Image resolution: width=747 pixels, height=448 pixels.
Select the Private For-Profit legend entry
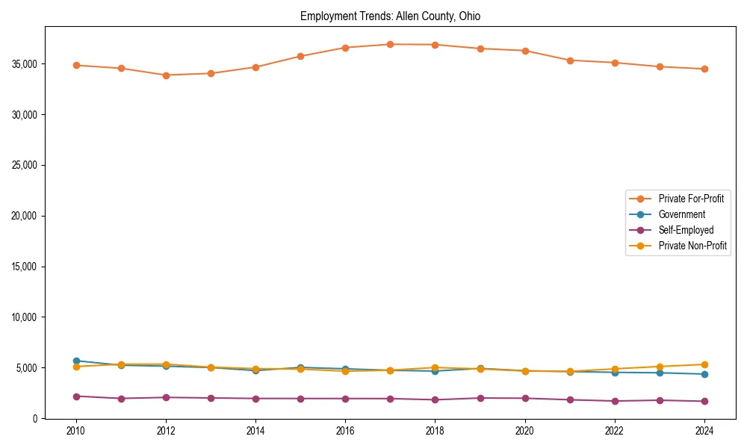[691, 199]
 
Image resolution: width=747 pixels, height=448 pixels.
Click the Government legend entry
[681, 214]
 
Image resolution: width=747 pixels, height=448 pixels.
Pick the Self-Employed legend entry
[686, 230]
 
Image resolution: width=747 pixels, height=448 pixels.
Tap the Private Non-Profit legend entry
[692, 246]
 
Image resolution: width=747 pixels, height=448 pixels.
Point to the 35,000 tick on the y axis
[25, 64]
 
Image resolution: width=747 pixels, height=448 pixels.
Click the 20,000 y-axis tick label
[25, 216]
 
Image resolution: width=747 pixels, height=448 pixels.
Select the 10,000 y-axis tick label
[25, 317]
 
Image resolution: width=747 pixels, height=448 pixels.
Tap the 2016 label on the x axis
[345, 431]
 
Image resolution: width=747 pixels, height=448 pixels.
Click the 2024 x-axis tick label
[704, 431]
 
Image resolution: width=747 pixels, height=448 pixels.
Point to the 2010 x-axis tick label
[75, 431]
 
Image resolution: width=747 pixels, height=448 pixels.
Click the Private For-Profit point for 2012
[166, 75]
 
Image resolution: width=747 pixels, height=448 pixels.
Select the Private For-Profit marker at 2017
[390, 44]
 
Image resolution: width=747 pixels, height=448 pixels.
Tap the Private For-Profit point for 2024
[704, 69]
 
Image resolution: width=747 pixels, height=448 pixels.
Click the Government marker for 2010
[75, 361]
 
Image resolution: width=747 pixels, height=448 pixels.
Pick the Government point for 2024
[704, 374]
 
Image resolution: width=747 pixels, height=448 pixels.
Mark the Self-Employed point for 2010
[75, 396]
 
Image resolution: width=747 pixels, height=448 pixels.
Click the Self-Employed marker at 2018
[435, 399]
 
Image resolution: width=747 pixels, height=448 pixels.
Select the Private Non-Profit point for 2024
[704, 364]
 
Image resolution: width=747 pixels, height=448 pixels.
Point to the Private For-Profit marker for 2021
[570, 60]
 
